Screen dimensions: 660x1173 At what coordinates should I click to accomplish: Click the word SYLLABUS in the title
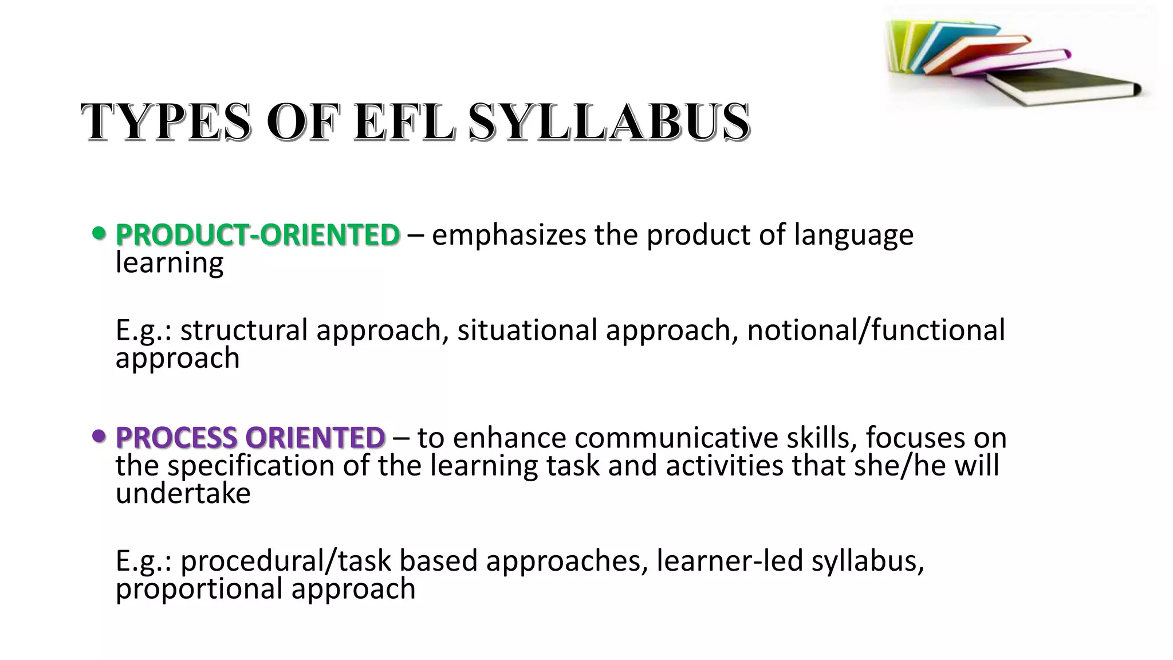(609, 121)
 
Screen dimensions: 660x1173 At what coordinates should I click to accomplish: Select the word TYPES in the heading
(166, 121)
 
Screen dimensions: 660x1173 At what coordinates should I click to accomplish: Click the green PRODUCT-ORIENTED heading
(257, 235)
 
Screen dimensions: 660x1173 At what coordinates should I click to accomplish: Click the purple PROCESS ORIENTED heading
(250, 438)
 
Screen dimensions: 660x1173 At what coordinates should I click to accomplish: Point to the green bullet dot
(99, 234)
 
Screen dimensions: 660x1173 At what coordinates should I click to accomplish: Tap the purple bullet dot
(99, 437)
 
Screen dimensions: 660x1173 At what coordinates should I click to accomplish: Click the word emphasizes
(509, 235)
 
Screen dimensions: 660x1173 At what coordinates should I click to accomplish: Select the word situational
(527, 330)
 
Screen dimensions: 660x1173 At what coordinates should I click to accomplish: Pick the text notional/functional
(876, 330)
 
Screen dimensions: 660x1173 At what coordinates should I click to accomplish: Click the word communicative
(676, 438)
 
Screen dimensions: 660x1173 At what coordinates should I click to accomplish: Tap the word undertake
(183, 493)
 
